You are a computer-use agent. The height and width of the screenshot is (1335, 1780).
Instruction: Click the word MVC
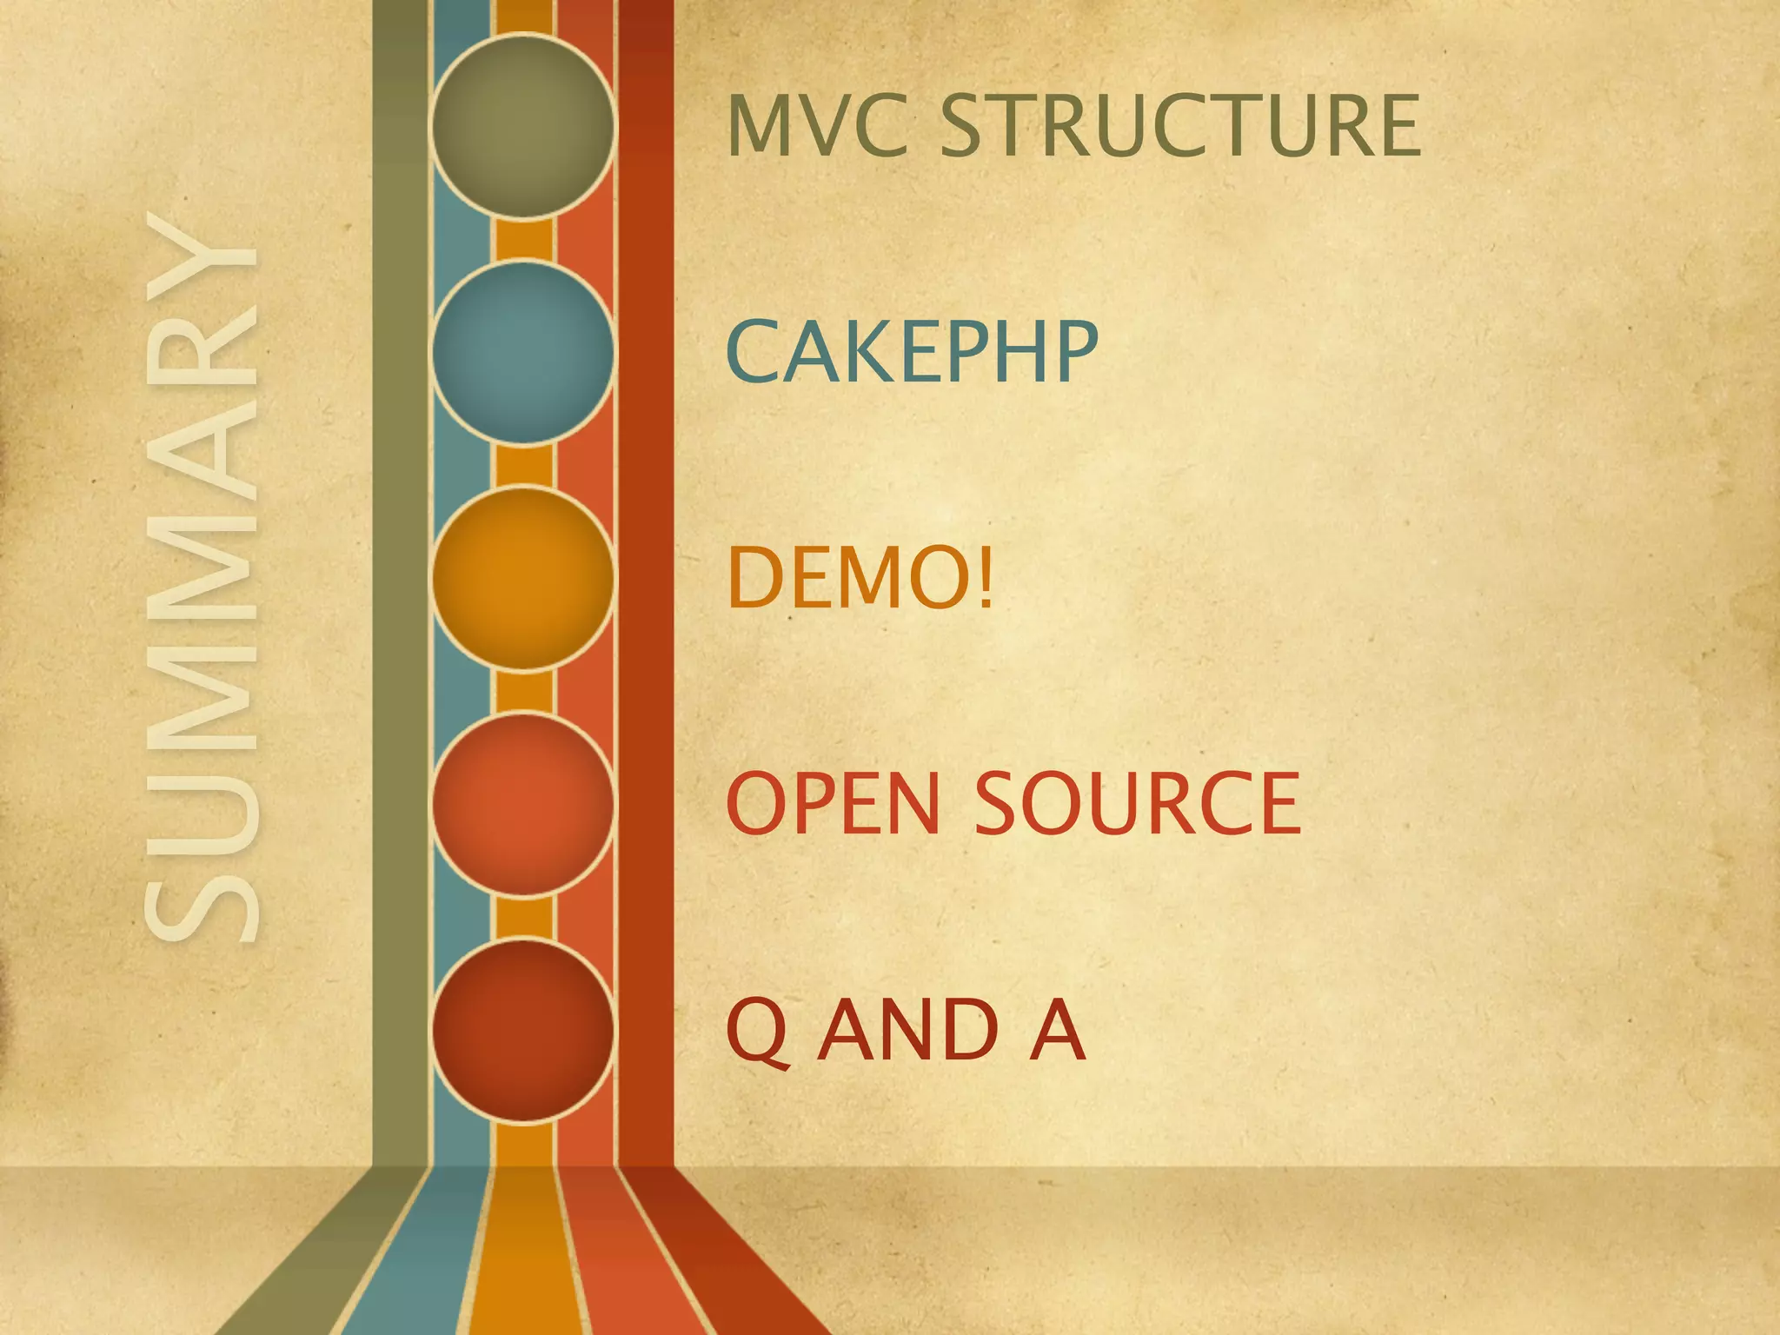pos(819,126)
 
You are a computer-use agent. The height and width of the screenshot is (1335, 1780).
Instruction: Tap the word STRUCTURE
pos(1180,126)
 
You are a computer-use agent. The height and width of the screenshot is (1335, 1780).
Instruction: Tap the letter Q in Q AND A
pos(757,1031)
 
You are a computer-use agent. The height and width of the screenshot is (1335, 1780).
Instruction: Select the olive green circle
pos(523,126)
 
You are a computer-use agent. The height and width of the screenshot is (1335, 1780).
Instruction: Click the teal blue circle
pos(523,352)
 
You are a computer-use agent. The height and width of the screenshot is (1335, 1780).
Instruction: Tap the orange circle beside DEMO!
pos(523,578)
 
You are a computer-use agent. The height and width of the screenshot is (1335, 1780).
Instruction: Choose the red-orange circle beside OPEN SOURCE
pos(523,804)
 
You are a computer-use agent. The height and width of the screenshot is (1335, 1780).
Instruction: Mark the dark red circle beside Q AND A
pos(523,1030)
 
